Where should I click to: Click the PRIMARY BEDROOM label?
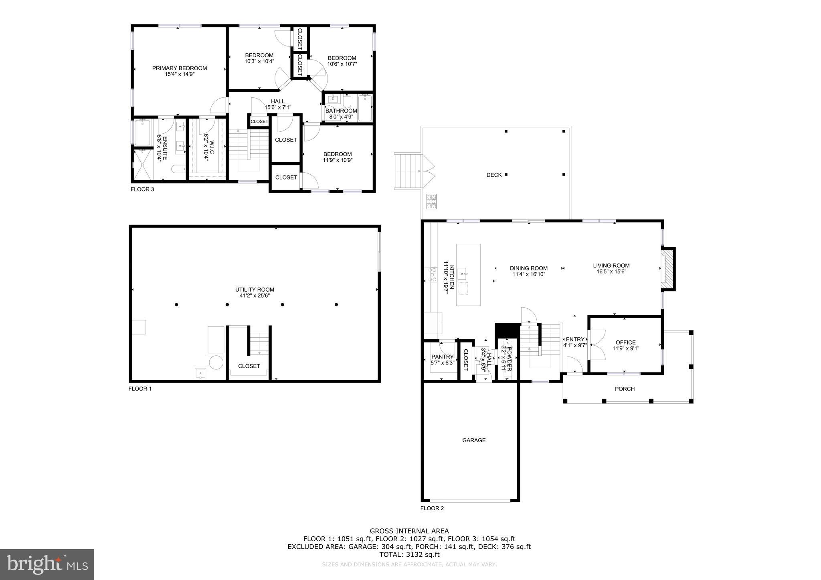[179, 68]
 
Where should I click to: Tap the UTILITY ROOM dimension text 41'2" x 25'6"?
[255, 296]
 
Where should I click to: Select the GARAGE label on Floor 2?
[474, 440]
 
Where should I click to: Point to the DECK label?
[494, 175]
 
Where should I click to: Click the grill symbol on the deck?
[431, 201]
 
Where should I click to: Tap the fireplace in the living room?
[667, 269]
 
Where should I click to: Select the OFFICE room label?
[625, 342]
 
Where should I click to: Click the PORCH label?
[625, 389]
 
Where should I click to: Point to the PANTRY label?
[442, 357]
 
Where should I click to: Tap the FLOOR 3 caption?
[142, 189]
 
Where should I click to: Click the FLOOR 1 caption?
[140, 389]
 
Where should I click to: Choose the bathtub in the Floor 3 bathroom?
[365, 107]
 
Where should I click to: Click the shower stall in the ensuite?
[143, 165]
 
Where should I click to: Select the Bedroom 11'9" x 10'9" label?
[338, 157]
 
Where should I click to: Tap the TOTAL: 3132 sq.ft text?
[409, 555]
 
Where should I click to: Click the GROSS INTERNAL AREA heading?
[409, 531]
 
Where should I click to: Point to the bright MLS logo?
[47, 564]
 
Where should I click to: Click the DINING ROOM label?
[528, 268]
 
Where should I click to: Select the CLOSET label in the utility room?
[249, 366]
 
